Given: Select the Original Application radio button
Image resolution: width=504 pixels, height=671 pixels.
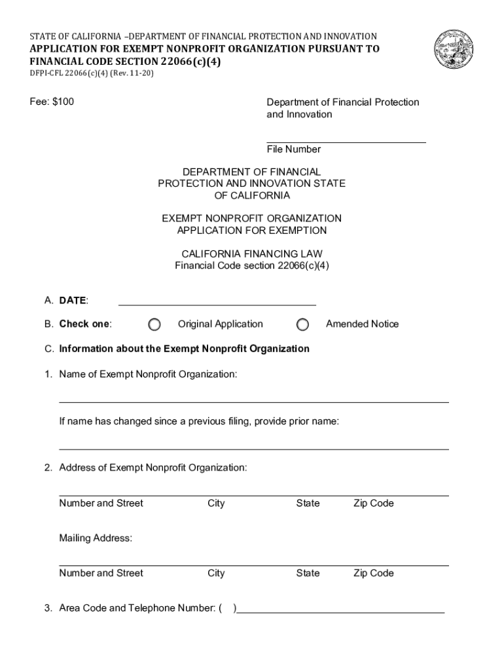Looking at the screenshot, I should (x=154, y=324).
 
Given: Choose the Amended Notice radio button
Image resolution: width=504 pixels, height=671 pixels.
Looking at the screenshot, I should (x=302, y=324).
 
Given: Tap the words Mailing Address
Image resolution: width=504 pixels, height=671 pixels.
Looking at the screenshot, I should (x=96, y=538).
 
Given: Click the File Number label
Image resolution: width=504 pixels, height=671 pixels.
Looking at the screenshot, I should (x=293, y=149).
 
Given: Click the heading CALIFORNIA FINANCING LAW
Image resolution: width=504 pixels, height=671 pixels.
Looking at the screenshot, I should (x=252, y=254).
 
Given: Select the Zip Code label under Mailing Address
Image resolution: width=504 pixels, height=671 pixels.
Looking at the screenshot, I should (x=373, y=573).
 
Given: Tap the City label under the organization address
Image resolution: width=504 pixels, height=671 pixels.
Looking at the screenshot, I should (x=216, y=503).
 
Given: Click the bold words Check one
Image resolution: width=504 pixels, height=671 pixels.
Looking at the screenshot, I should (x=84, y=324).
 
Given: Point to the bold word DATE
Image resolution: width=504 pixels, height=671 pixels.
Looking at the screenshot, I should (x=73, y=301).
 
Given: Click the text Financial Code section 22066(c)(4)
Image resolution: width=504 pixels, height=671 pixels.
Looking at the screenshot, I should (x=252, y=265).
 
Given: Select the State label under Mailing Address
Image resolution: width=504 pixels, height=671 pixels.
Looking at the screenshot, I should (x=308, y=573).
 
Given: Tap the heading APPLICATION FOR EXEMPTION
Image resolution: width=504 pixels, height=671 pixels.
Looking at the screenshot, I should (x=252, y=230).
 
